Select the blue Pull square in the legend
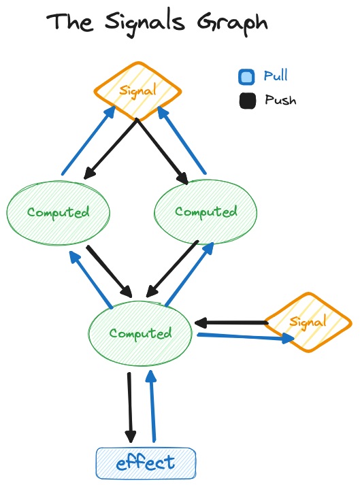pyautogui.click(x=247, y=77)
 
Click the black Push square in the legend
pyautogui.click(x=247, y=101)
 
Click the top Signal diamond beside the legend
pyautogui.click(x=137, y=90)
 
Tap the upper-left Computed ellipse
pyautogui.click(x=59, y=212)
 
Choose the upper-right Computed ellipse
pyautogui.click(x=206, y=212)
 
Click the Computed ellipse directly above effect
pyautogui.click(x=140, y=333)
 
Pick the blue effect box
pyautogui.click(x=146, y=464)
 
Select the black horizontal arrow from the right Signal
pyautogui.click(x=230, y=322)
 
